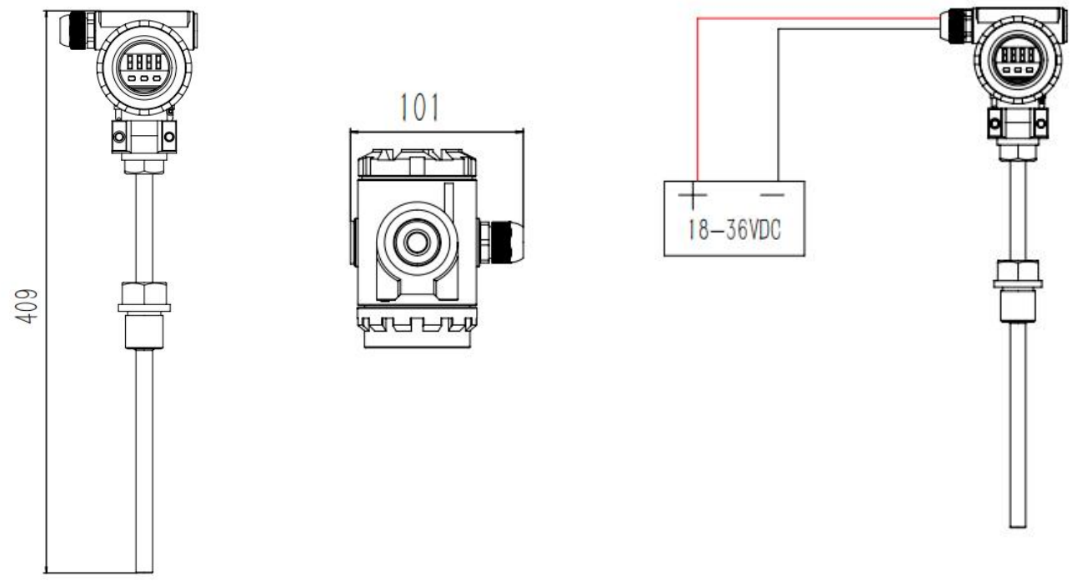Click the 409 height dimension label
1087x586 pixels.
[26, 306]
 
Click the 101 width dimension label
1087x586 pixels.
[419, 108]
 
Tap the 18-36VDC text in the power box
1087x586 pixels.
[734, 229]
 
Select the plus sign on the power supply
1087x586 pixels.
[693, 195]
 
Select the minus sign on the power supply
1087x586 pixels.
[772, 195]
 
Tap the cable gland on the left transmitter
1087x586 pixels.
[78, 31]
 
